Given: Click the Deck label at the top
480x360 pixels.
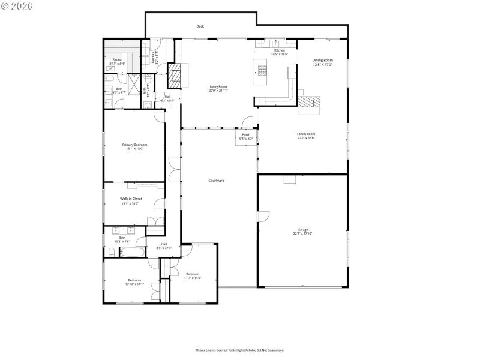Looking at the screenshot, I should [200, 26].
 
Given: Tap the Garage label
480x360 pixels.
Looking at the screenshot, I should [303, 232].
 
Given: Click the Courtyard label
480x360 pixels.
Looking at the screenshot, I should [216, 181].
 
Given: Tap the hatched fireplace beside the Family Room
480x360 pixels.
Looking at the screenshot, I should [310, 103].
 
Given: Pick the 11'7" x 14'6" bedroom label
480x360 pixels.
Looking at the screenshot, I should [193, 275].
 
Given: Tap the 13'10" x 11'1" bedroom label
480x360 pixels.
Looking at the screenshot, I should [134, 281].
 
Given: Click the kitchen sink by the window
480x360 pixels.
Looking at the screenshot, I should [275, 44].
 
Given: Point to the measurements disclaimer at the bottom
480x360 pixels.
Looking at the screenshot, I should [239, 350].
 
